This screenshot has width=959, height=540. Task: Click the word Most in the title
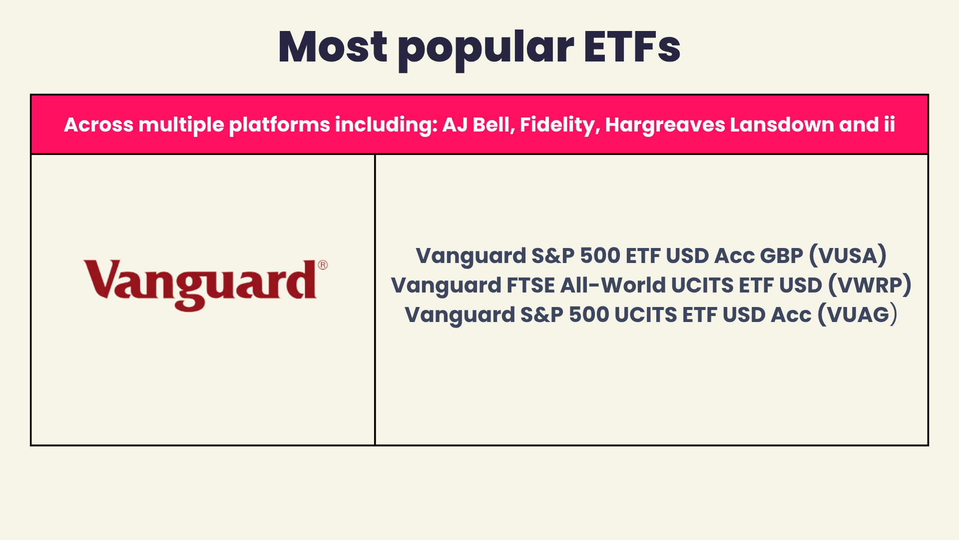point(333,47)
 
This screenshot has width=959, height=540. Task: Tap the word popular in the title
point(485,50)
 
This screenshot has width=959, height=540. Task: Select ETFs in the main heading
point(632,47)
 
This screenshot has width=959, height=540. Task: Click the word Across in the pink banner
point(98,125)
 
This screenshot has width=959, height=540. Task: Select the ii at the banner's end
point(889,125)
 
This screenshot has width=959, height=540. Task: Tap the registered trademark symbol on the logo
point(323,265)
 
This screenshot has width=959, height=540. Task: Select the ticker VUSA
point(848,255)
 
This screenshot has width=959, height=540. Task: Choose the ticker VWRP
point(870,285)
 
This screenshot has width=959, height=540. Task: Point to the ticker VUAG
point(858,314)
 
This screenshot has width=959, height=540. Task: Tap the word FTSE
point(530,285)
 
